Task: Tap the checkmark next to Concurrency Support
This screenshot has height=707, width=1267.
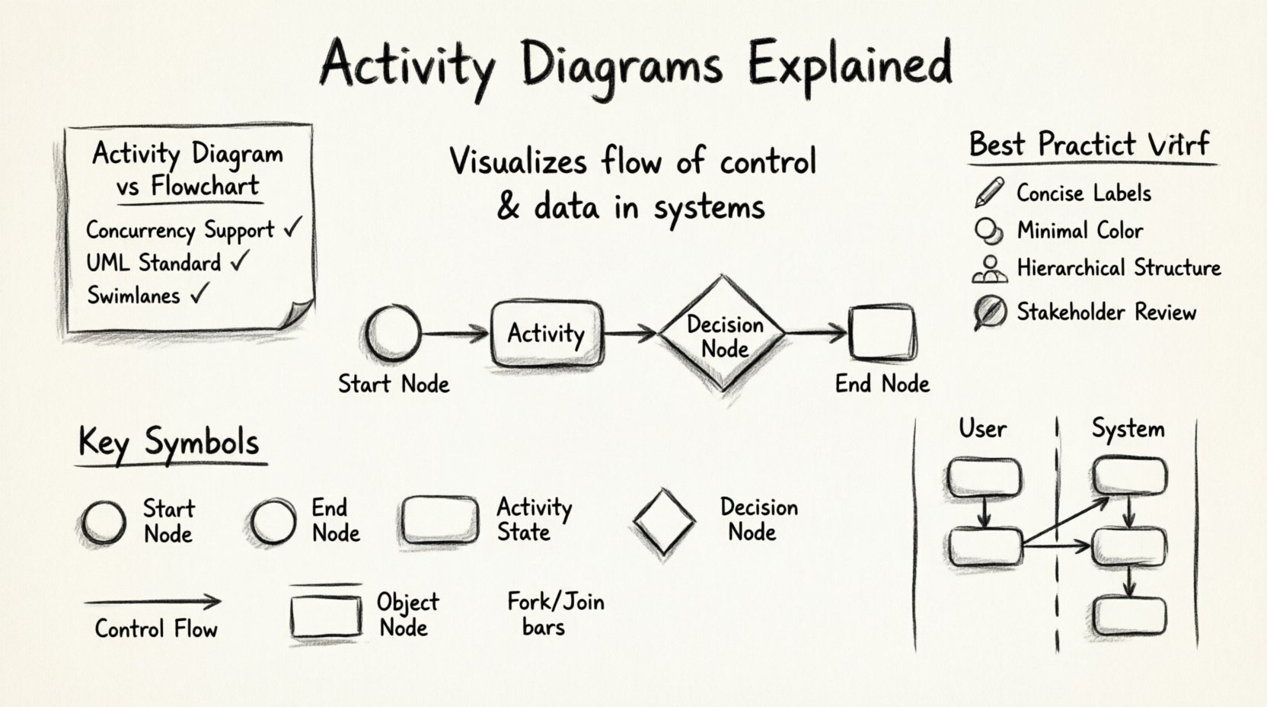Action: pos(292,228)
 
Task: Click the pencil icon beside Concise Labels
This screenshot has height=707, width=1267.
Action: pos(988,193)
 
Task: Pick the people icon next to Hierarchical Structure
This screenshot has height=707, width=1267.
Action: pos(989,269)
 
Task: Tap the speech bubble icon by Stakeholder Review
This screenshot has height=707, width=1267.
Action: pos(989,312)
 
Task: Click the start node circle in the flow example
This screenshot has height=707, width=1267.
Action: pos(392,333)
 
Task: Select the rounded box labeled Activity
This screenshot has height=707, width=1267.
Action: pos(546,334)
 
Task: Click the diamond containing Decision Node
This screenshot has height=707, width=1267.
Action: pos(723,334)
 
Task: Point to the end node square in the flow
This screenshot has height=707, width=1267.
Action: pos(882,333)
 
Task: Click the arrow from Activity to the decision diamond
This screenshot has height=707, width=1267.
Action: pos(629,333)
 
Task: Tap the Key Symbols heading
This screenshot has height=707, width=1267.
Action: pos(169,443)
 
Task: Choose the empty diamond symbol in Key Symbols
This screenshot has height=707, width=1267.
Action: pos(664,522)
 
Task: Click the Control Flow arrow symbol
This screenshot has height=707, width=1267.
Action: pos(152,602)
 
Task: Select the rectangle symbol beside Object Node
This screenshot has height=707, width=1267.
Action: pos(326,616)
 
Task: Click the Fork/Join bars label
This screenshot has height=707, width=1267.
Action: pos(554,614)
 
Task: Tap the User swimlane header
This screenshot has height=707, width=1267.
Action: pos(982,429)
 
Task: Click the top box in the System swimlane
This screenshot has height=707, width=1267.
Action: pos(1129,476)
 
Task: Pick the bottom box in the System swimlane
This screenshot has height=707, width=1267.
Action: pos(1129,616)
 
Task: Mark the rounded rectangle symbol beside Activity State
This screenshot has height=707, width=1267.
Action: pos(439,520)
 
